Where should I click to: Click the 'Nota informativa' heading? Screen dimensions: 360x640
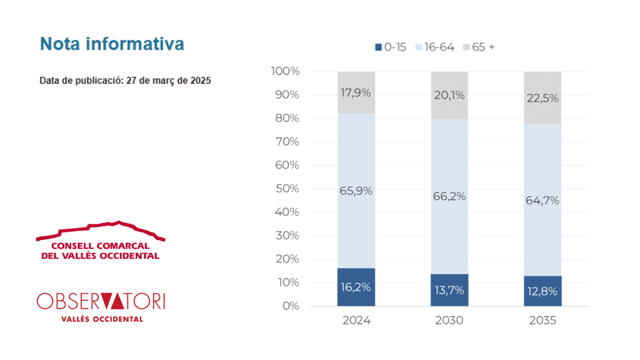[112, 44]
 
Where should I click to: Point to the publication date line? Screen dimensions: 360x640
[125, 81]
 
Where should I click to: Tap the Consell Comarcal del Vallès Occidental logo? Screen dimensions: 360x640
[101, 241]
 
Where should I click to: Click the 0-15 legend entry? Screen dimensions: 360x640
[391, 47]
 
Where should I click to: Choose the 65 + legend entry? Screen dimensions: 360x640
[479, 47]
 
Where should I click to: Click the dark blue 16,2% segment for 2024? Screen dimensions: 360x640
[356, 287]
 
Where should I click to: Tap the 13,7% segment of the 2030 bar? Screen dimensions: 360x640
[449, 290]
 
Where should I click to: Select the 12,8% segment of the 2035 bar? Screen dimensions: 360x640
[542, 291]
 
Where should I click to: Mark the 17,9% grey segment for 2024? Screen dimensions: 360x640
[356, 92]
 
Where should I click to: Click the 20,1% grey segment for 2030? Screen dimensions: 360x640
[449, 95]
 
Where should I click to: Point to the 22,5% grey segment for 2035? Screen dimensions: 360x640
[542, 98]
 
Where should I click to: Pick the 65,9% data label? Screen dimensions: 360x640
[356, 191]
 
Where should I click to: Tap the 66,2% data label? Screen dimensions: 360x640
[449, 196]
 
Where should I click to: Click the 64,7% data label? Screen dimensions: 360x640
[542, 201]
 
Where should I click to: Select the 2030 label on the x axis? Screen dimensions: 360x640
[449, 321]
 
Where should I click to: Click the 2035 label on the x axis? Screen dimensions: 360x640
[542, 321]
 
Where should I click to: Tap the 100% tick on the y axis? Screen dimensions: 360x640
[285, 71]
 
